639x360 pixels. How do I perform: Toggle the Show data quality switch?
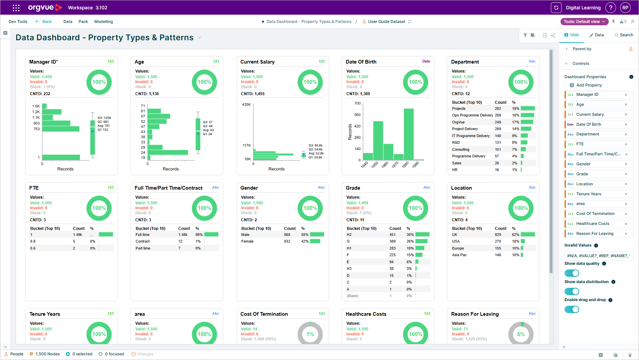[x=572, y=273]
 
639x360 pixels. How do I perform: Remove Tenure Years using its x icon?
[x=626, y=194]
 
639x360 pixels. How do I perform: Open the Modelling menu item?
[x=103, y=22]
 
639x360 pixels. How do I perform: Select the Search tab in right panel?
[x=624, y=35]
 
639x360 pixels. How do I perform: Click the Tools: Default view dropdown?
[x=584, y=22]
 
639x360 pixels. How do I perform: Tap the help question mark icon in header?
[x=611, y=8]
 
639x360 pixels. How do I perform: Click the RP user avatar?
[x=625, y=8]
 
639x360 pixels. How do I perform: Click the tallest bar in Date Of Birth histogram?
[x=409, y=134]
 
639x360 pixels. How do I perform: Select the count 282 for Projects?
[x=498, y=108]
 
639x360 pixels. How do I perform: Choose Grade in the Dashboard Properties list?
[x=582, y=174]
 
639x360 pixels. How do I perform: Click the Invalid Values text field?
[x=598, y=256]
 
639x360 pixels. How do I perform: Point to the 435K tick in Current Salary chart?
[x=246, y=104]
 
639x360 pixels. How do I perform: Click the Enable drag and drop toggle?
[x=572, y=309]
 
